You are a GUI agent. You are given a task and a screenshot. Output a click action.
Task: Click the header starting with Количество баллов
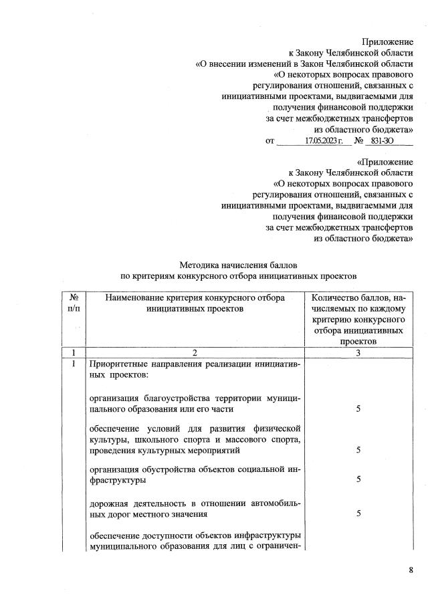(358, 318)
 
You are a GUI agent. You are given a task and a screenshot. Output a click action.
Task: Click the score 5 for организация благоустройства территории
(358, 408)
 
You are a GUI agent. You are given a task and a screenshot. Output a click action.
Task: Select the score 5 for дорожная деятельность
(358, 513)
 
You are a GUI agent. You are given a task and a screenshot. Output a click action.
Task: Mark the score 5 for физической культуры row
(358, 450)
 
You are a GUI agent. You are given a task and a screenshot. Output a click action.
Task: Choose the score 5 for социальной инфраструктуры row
(358, 479)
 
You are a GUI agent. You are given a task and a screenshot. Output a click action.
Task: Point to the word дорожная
(109, 502)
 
